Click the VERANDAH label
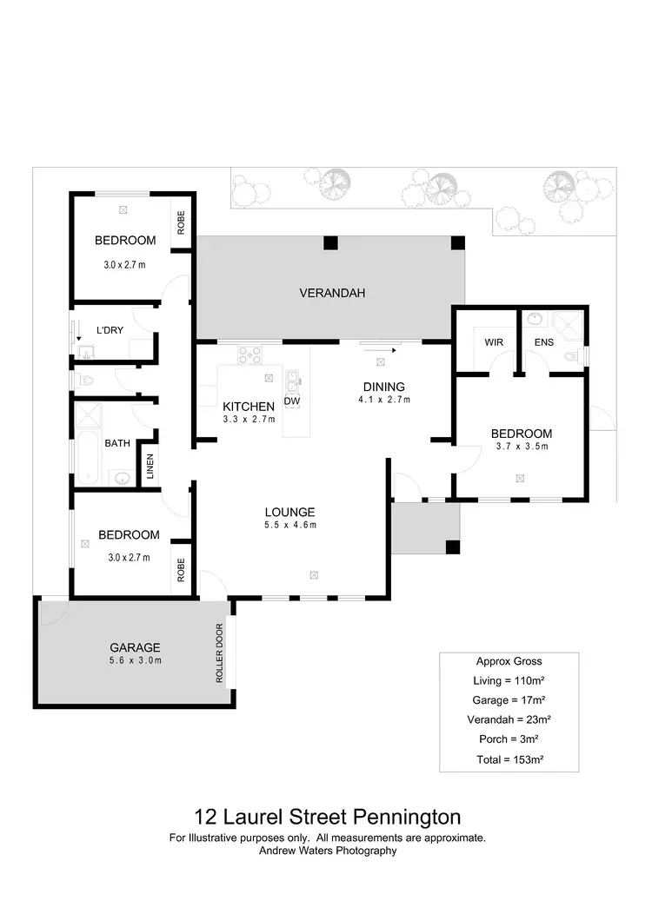[332, 293]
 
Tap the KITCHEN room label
[249, 407]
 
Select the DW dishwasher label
[291, 401]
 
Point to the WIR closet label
[494, 342]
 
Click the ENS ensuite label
[544, 342]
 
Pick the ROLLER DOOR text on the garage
[220, 653]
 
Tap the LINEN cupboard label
[150, 467]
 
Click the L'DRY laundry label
[110, 330]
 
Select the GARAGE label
[135, 647]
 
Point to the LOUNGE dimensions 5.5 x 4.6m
[290, 525]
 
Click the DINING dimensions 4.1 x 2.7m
[383, 400]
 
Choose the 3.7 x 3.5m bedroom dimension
[522, 447]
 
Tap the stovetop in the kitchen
[250, 354]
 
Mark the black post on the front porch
[451, 547]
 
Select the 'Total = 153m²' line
[509, 759]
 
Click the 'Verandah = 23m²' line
[509, 719]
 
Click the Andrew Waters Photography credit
[328, 851]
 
